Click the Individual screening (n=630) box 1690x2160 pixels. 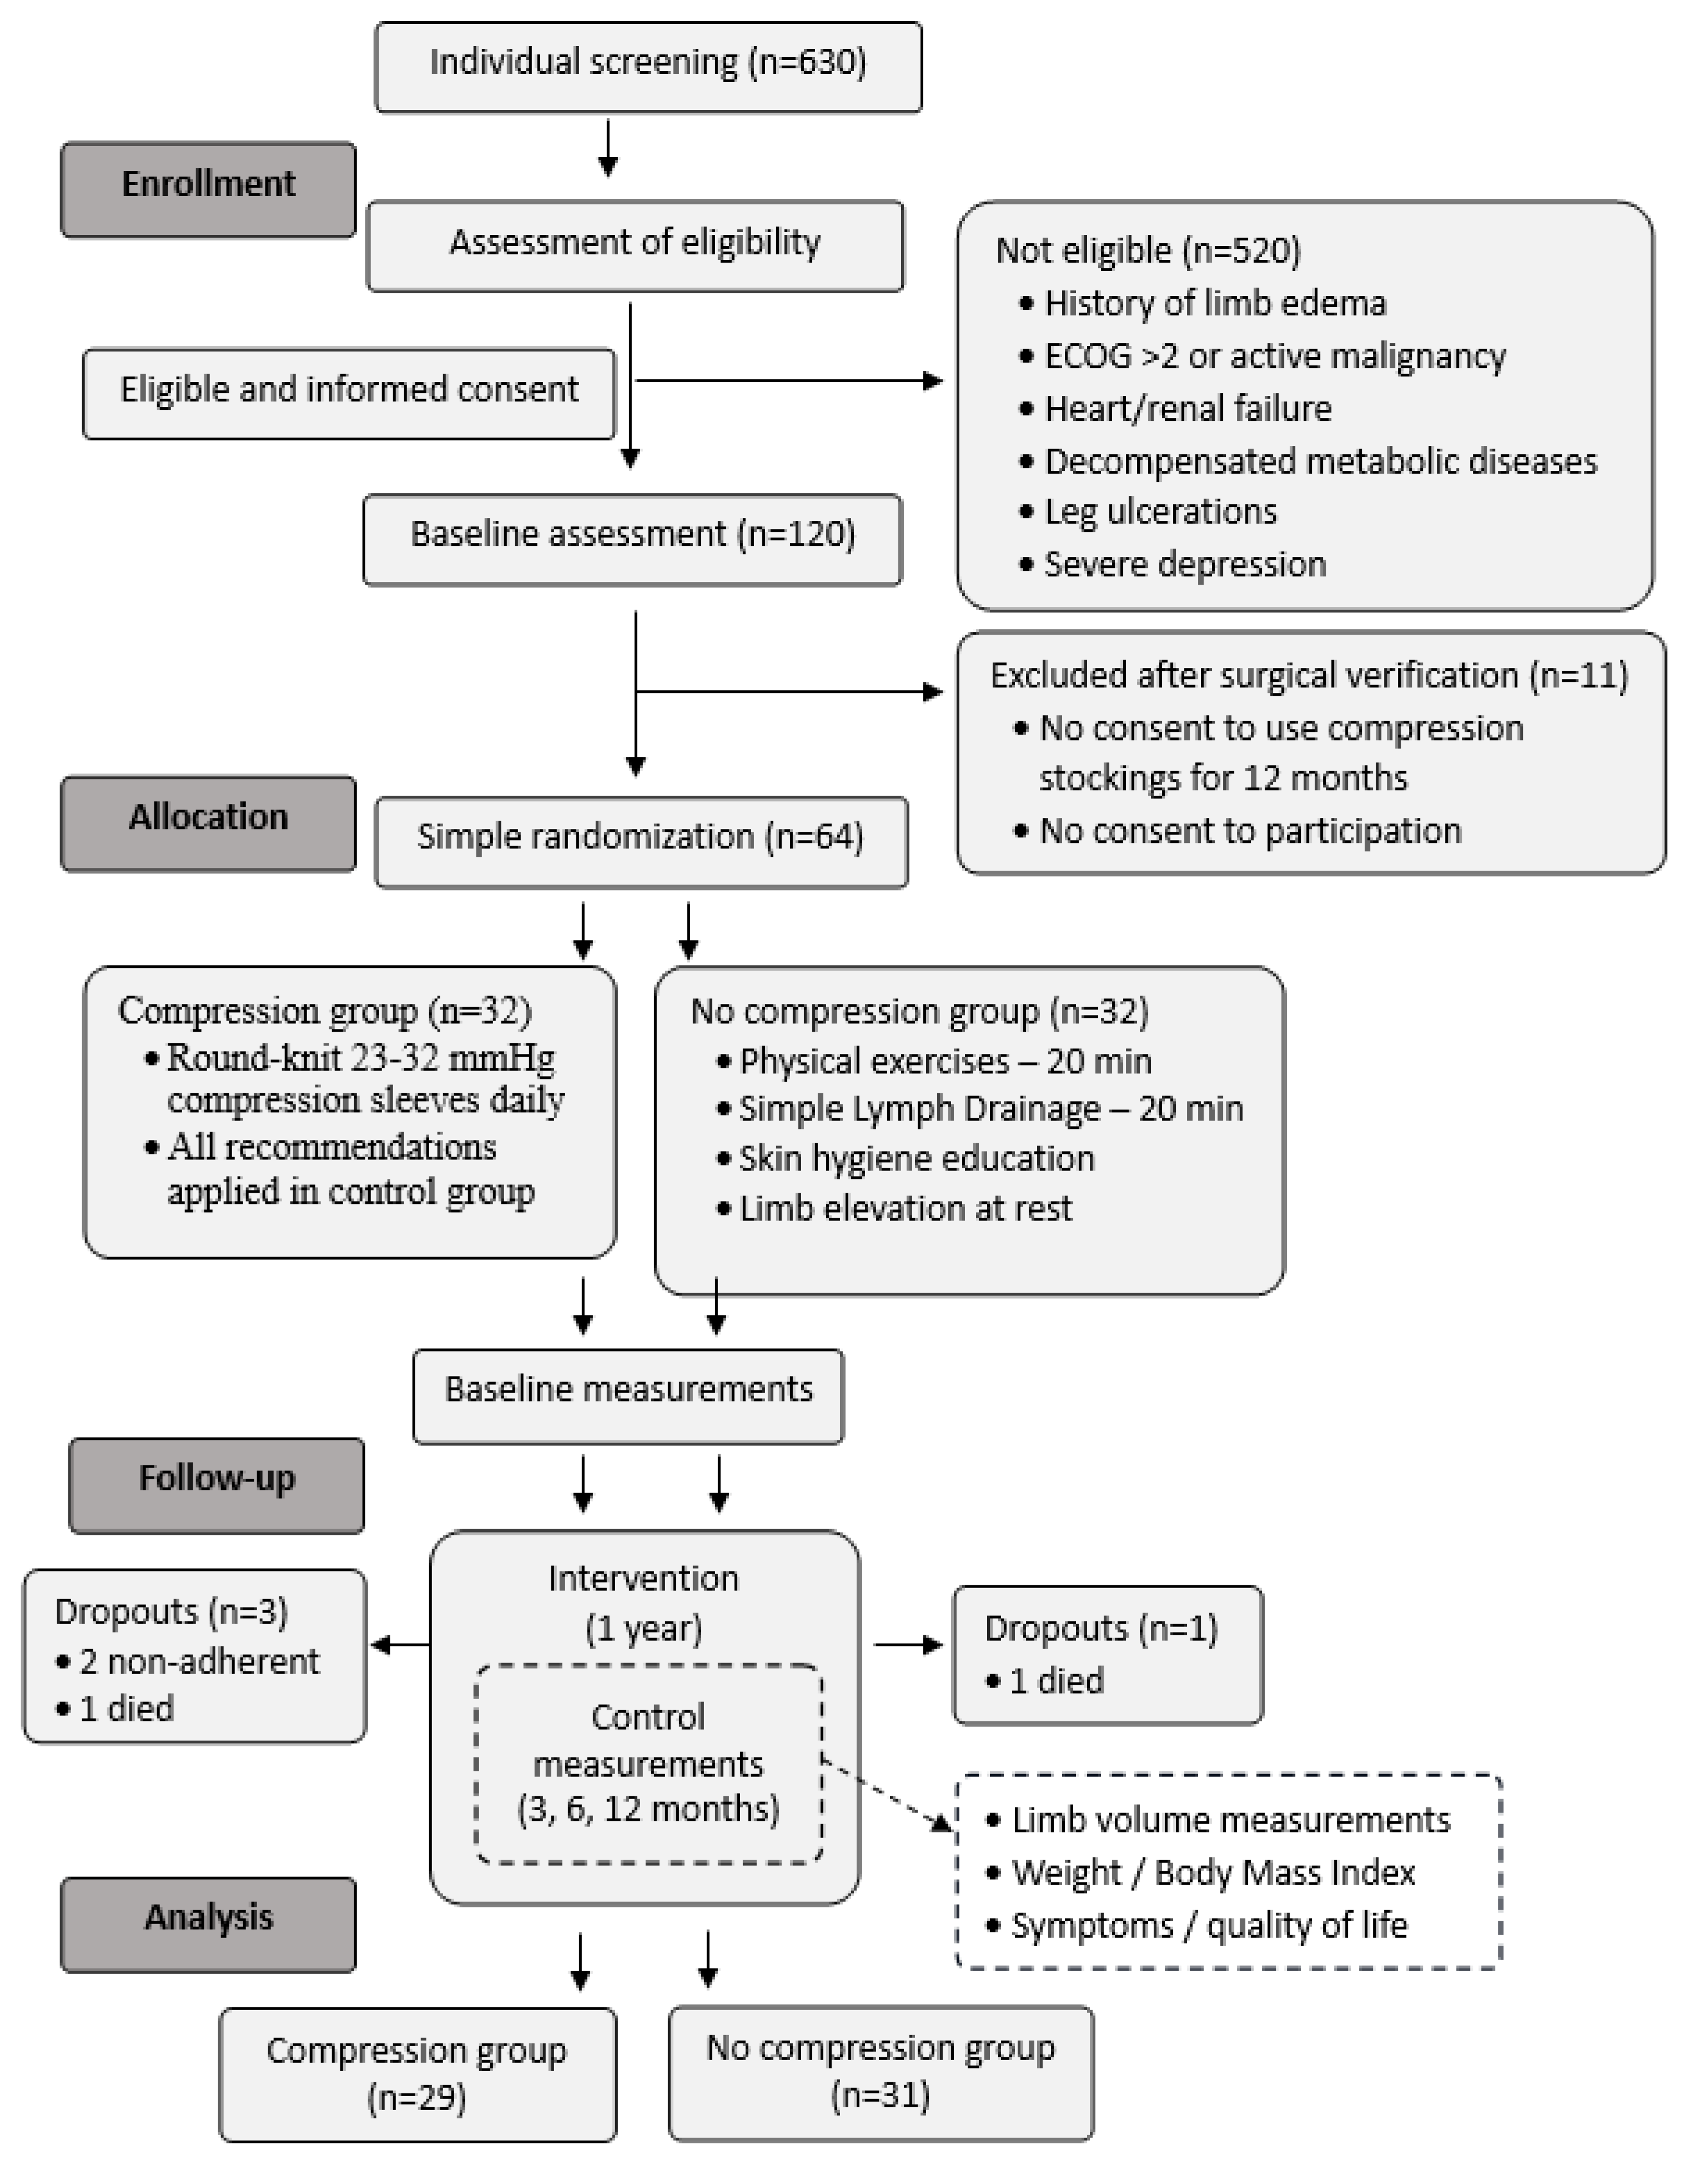[x=648, y=66]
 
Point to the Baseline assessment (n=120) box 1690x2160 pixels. [x=632, y=538]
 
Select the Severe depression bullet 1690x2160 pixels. [x=1184, y=565]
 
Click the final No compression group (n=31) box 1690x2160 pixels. [x=881, y=2072]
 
